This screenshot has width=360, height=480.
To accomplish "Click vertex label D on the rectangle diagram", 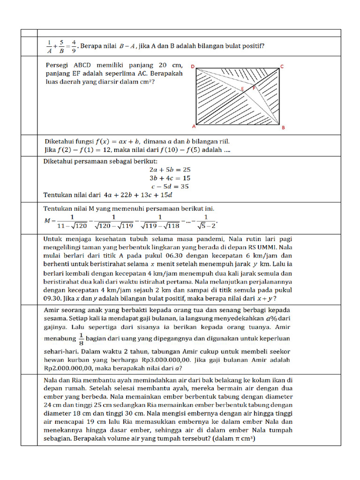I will pyautogui.click(x=193, y=67).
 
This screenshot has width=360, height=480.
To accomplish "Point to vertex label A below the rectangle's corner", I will pyautogui.click(x=194, y=127).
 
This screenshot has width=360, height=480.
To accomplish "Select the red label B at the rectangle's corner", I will pyautogui.click(x=283, y=127).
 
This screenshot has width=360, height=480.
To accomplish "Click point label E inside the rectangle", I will pyautogui.click(x=242, y=89).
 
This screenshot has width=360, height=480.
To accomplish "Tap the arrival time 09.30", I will pyautogui.click(x=54, y=298).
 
